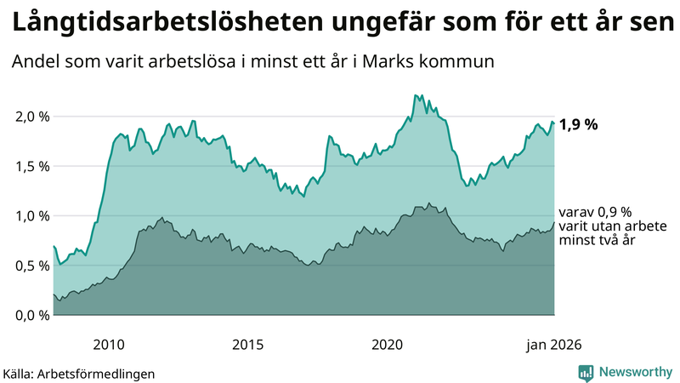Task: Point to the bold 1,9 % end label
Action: [x=578, y=124]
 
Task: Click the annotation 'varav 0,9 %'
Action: [x=595, y=212]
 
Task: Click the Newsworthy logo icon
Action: [x=586, y=372]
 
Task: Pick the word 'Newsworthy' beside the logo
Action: [x=635, y=372]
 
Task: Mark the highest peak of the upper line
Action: [x=416, y=95]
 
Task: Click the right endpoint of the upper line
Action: [x=554, y=124]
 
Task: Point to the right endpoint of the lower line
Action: [x=554, y=223]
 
